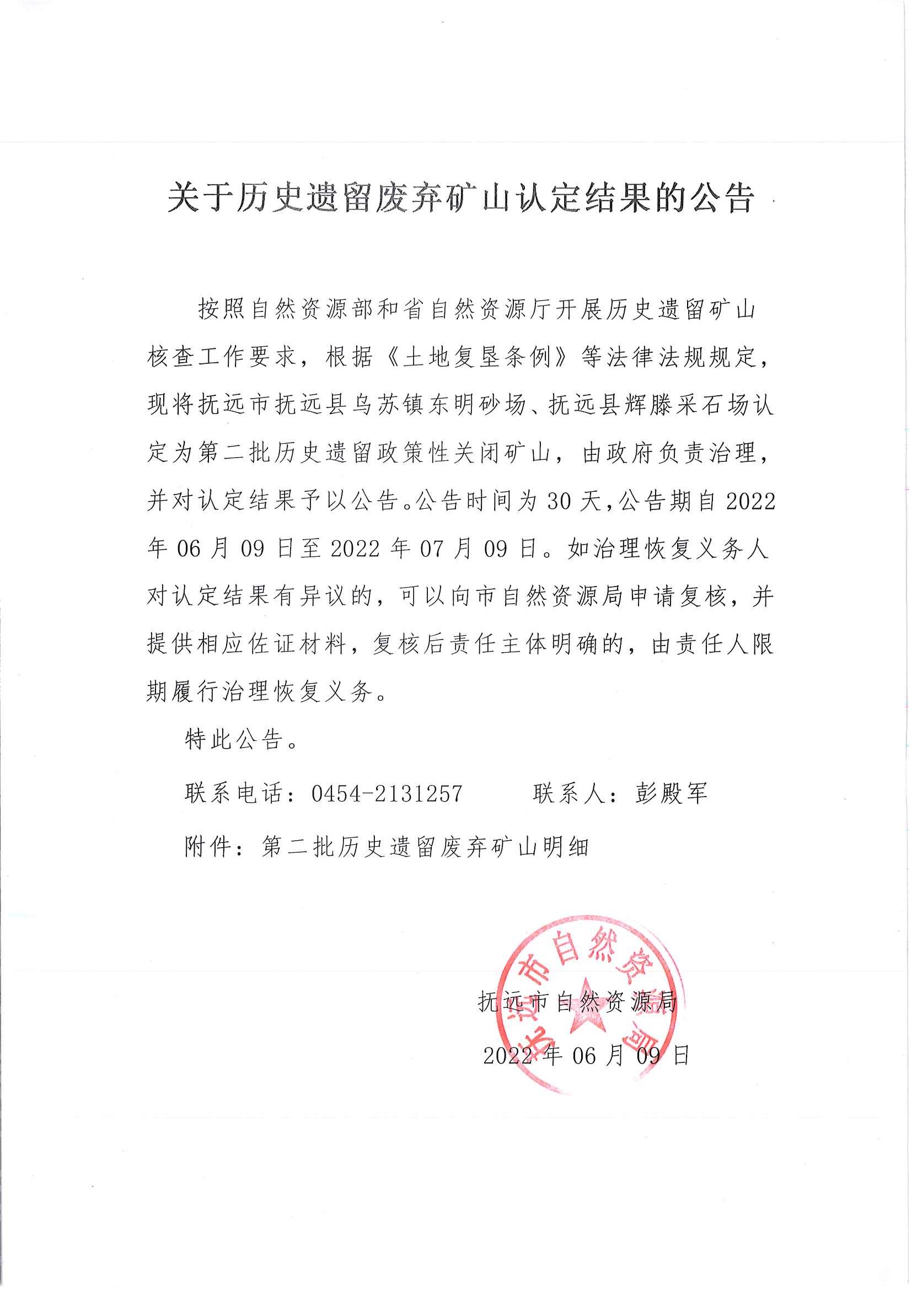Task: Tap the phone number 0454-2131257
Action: pyautogui.click(x=387, y=793)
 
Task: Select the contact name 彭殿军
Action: pyautogui.click(x=671, y=793)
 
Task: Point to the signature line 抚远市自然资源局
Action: pyautogui.click(x=578, y=1001)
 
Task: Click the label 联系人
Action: pyautogui.click(x=568, y=793)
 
